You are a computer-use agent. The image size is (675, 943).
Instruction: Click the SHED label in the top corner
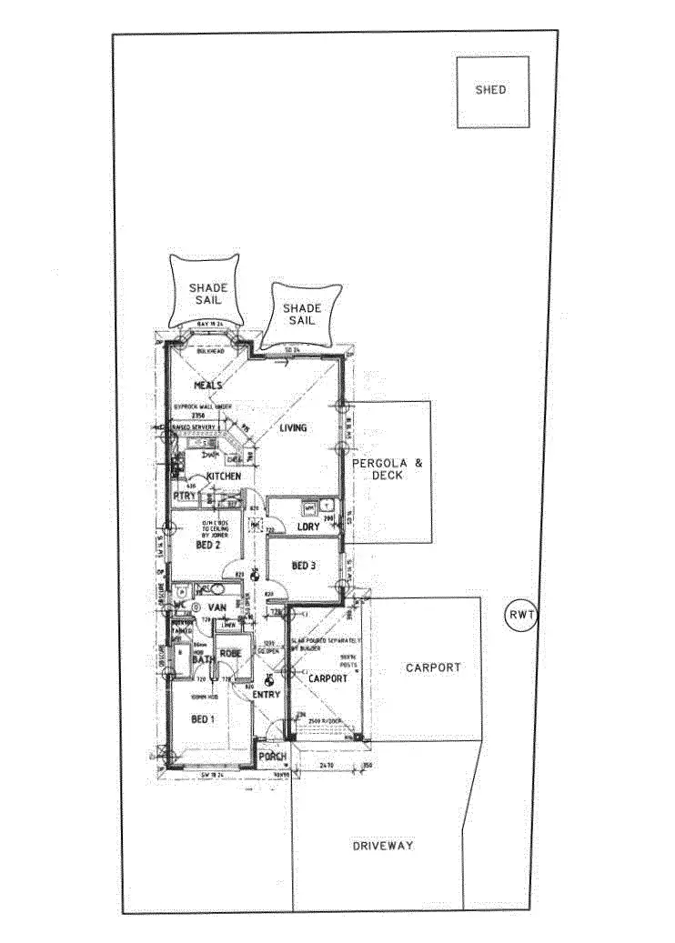pyautogui.click(x=490, y=90)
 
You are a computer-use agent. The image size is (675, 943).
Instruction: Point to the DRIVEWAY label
pyautogui.click(x=383, y=846)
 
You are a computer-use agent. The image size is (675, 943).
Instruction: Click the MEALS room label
pyautogui.click(x=207, y=386)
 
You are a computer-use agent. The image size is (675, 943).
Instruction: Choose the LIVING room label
pyautogui.click(x=293, y=427)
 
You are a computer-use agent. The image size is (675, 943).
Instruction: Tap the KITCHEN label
pyautogui.click(x=223, y=477)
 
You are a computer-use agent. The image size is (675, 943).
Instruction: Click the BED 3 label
pyautogui.click(x=305, y=566)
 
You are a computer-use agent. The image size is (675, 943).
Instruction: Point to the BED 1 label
pyautogui.click(x=202, y=719)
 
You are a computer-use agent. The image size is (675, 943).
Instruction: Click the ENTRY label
pyautogui.click(x=267, y=695)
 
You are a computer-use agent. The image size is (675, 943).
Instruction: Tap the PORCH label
pyautogui.click(x=272, y=757)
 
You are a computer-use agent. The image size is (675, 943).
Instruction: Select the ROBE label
pyautogui.click(x=229, y=653)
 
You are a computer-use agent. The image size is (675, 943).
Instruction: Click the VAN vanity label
pyautogui.click(x=217, y=607)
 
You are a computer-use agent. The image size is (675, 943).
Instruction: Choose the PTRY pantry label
pyautogui.click(x=184, y=497)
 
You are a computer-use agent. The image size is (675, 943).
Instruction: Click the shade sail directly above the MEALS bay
pyautogui.click(x=207, y=294)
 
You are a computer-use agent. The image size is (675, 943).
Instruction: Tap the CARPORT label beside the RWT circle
pyautogui.click(x=433, y=667)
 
